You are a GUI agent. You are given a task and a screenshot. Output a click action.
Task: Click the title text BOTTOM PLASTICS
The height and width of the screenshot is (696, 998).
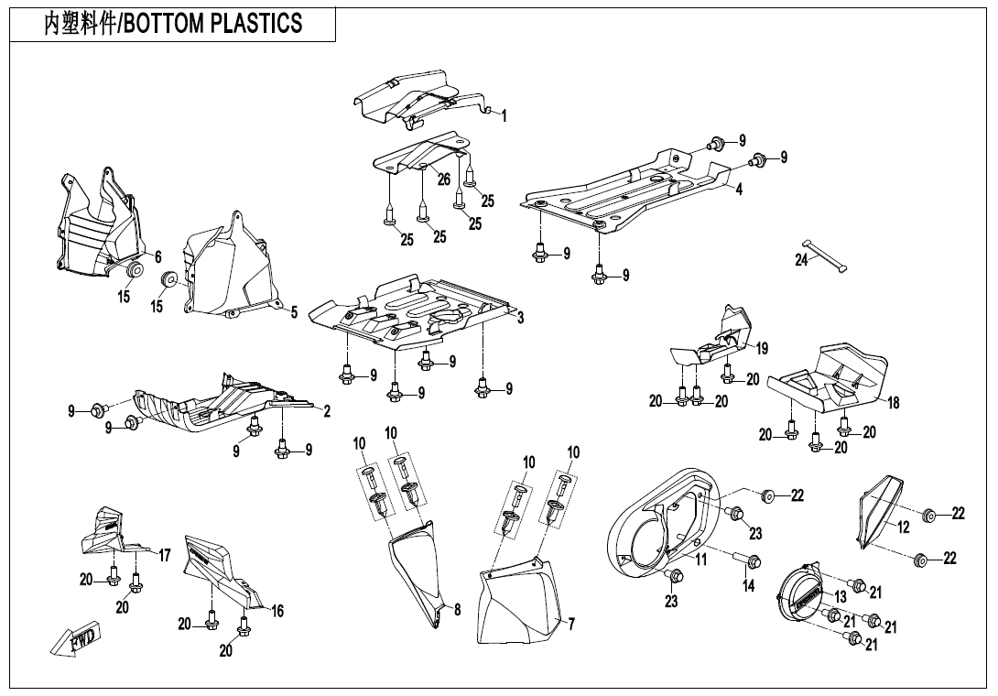click(x=212, y=24)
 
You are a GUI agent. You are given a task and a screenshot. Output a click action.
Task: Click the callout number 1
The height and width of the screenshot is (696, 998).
click(x=504, y=116)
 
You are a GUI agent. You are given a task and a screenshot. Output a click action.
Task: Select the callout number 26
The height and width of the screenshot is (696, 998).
click(x=444, y=179)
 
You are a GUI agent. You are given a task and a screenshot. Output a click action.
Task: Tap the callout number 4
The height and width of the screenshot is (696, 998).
click(x=738, y=190)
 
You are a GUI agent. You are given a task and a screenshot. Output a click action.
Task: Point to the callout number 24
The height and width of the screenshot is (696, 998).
click(x=802, y=260)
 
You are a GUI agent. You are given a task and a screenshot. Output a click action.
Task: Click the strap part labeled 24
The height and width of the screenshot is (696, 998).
click(x=826, y=256)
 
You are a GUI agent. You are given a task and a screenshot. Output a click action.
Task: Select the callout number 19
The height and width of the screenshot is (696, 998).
click(x=762, y=348)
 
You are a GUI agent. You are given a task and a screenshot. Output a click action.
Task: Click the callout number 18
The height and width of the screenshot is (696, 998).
click(x=894, y=402)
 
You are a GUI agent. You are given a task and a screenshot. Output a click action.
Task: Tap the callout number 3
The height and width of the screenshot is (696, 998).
click(x=520, y=318)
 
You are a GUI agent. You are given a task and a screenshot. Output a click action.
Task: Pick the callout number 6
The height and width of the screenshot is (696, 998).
click(x=157, y=257)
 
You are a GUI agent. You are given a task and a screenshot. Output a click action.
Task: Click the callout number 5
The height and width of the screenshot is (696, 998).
click(x=294, y=312)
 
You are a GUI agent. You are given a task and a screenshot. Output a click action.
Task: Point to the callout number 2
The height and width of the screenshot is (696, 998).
click(x=326, y=410)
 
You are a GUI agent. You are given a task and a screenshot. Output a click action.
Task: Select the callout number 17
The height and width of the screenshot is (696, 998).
click(x=165, y=555)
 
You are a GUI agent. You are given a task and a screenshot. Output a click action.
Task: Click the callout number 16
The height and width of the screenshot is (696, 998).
click(x=277, y=611)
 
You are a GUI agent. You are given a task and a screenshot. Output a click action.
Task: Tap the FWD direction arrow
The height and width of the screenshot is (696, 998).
click(x=77, y=638)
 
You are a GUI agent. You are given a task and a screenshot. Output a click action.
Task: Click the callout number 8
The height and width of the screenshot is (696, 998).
click(x=457, y=609)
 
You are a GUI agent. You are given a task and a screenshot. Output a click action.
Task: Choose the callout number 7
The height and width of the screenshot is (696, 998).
click(x=571, y=625)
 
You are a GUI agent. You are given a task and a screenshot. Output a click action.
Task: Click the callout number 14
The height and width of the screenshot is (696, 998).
click(x=748, y=586)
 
